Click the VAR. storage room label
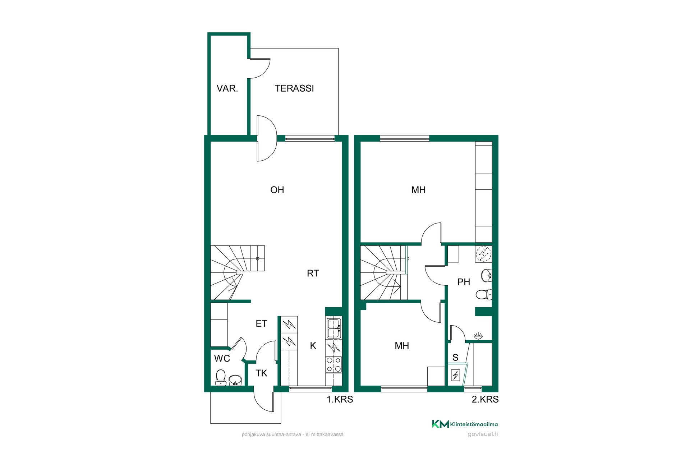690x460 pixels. [x=227, y=88]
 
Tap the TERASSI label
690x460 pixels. [x=294, y=88]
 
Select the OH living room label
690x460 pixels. [x=277, y=190]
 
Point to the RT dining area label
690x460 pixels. [x=313, y=273]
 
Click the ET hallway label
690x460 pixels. [x=261, y=323]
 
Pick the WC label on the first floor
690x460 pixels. [x=222, y=358]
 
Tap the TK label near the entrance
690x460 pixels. [x=261, y=373]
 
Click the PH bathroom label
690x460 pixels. [x=464, y=282]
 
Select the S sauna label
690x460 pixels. [x=455, y=358]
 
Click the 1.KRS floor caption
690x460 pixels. [x=340, y=399]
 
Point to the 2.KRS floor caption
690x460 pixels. [x=485, y=399]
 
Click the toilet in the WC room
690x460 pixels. [x=221, y=378]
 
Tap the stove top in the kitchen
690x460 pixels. [x=333, y=365]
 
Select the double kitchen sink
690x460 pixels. [x=333, y=328]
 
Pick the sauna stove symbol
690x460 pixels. [x=456, y=375]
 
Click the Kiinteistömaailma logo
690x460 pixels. [x=465, y=424]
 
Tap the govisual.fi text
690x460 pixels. [x=483, y=434]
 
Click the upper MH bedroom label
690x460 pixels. [x=418, y=190]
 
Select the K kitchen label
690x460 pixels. [x=313, y=346]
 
